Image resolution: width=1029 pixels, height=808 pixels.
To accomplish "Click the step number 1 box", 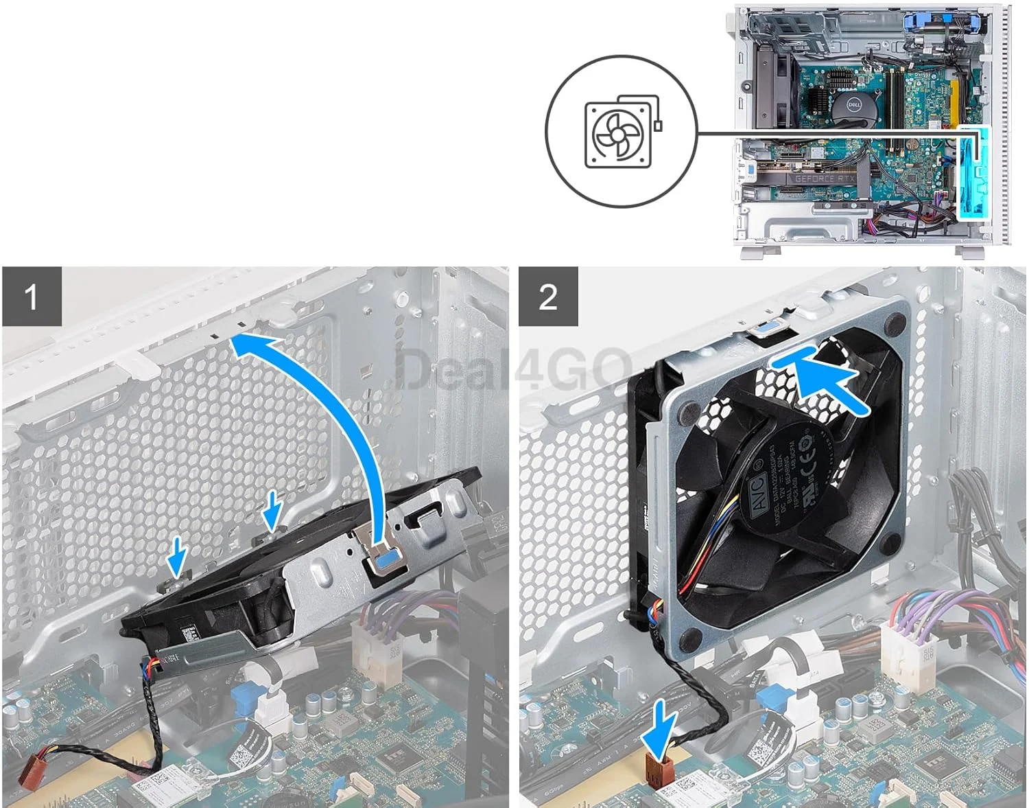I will coord(32,297).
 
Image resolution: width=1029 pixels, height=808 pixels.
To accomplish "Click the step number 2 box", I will coord(548,297).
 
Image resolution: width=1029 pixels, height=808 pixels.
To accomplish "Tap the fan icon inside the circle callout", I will coord(617,134).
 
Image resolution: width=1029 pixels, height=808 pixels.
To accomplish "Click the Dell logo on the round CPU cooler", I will coord(853,105).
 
